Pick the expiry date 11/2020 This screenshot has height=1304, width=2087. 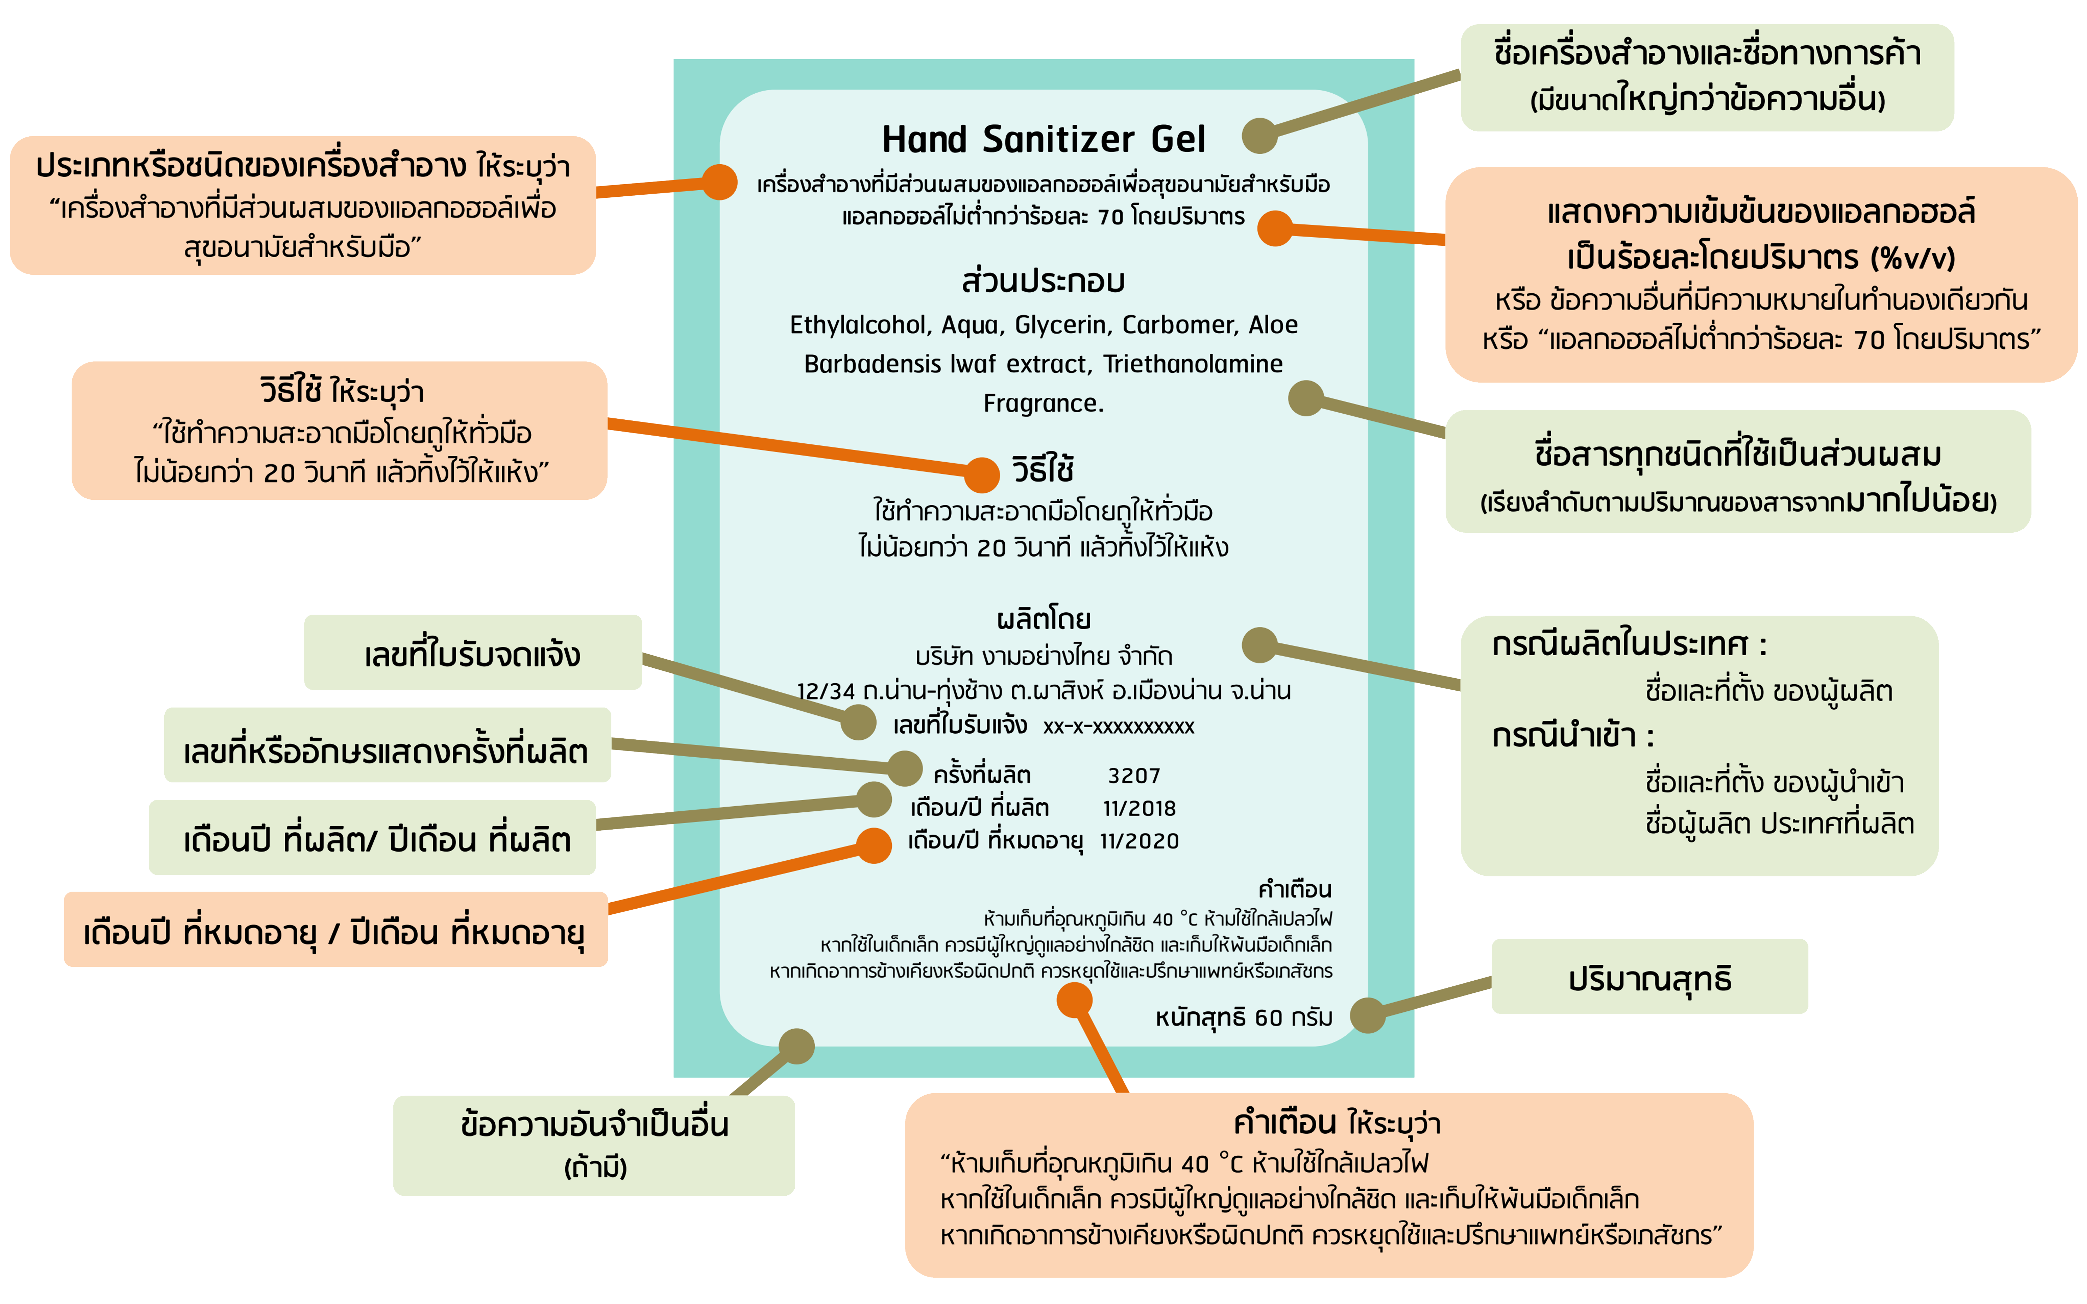pyautogui.click(x=1139, y=841)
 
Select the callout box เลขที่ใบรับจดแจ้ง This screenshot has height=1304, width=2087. pyautogui.click(x=473, y=653)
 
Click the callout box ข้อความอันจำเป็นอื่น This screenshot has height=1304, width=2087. pyautogui.click(x=594, y=1144)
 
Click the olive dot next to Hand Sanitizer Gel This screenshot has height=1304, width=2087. pyautogui.click(x=1259, y=135)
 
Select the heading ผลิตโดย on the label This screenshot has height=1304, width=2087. pyautogui.click(x=1043, y=619)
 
